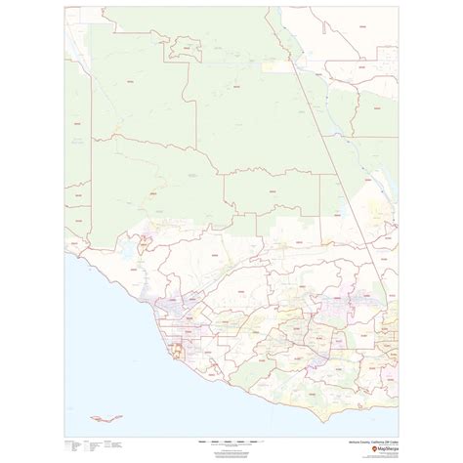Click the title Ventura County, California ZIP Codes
pos(363,440)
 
